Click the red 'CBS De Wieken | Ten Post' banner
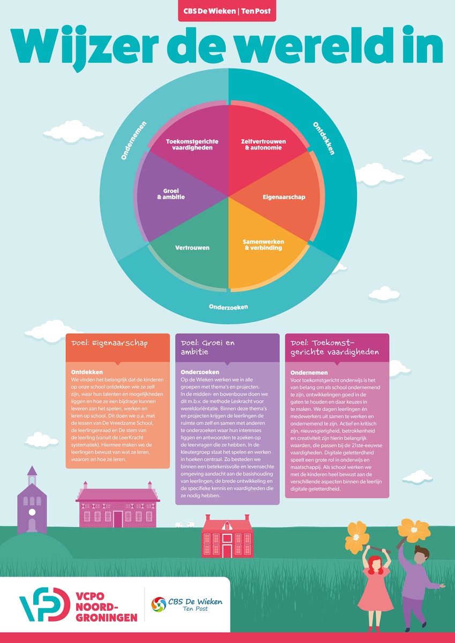click(x=227, y=11)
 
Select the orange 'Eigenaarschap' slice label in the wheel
click(x=284, y=197)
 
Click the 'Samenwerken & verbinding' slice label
click(x=264, y=244)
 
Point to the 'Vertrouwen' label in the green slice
click(x=192, y=248)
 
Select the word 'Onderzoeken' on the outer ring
click(x=228, y=308)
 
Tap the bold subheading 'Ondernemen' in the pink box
click(x=309, y=372)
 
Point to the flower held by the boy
click(x=413, y=530)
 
